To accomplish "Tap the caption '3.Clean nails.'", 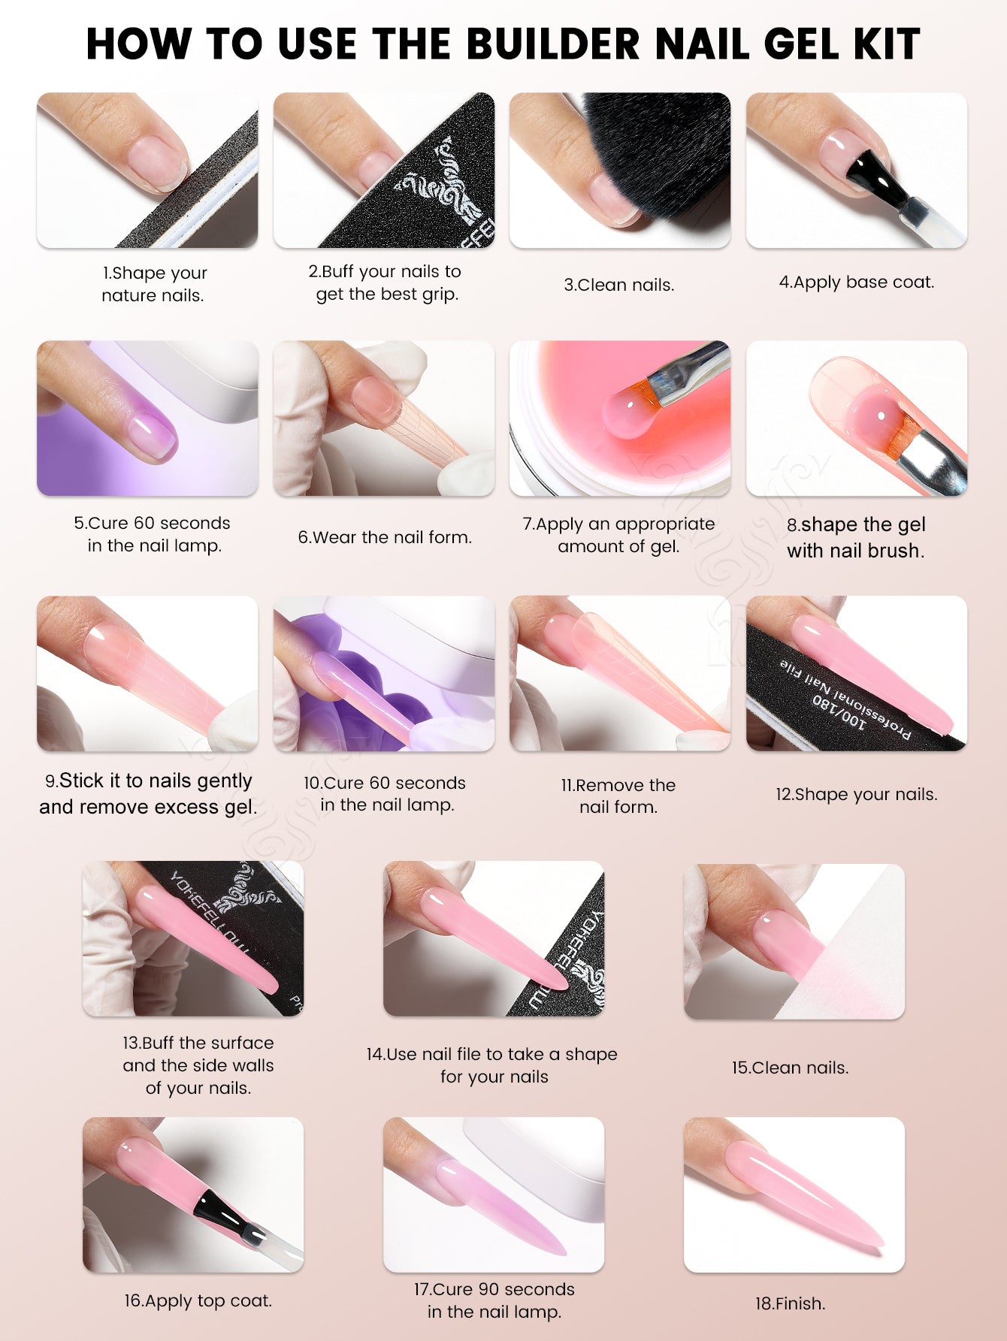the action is click(x=619, y=285).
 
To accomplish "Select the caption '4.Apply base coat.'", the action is click(x=857, y=282).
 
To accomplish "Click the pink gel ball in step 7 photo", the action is click(x=630, y=413).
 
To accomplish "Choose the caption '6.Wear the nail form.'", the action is click(x=385, y=537).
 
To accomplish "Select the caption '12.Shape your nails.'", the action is click(x=857, y=794).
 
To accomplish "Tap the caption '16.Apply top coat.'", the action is click(x=198, y=1300).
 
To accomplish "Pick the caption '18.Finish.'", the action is click(x=791, y=1303).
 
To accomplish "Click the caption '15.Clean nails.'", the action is click(x=791, y=1068).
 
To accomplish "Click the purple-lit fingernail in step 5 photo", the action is click(x=153, y=438).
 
